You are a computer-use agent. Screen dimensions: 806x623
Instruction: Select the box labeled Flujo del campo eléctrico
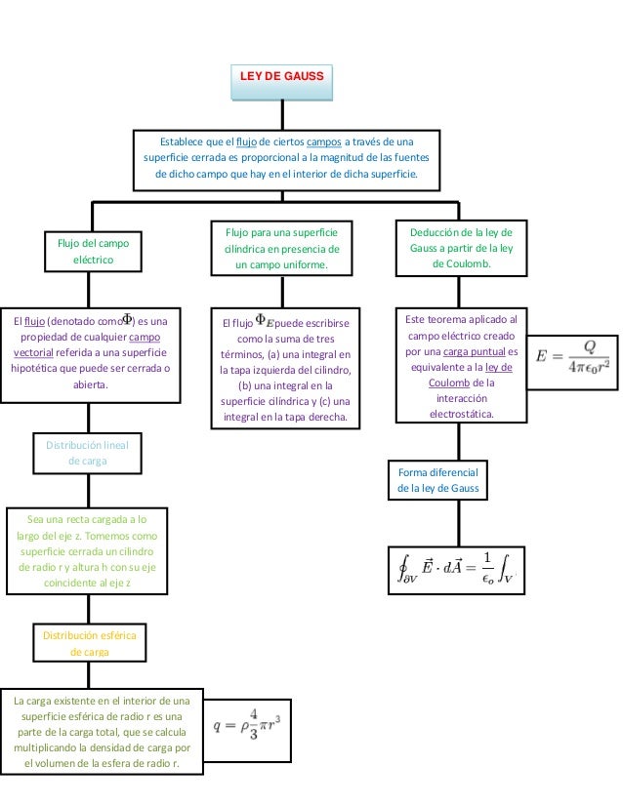pos(93,252)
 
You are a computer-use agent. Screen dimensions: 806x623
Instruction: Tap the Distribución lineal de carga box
pos(88,453)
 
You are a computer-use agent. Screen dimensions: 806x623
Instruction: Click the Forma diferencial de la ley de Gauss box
pos(438,480)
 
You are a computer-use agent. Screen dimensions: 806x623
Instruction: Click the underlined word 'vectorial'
pos(34,351)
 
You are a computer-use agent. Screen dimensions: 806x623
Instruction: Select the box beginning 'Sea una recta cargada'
pos(87,550)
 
